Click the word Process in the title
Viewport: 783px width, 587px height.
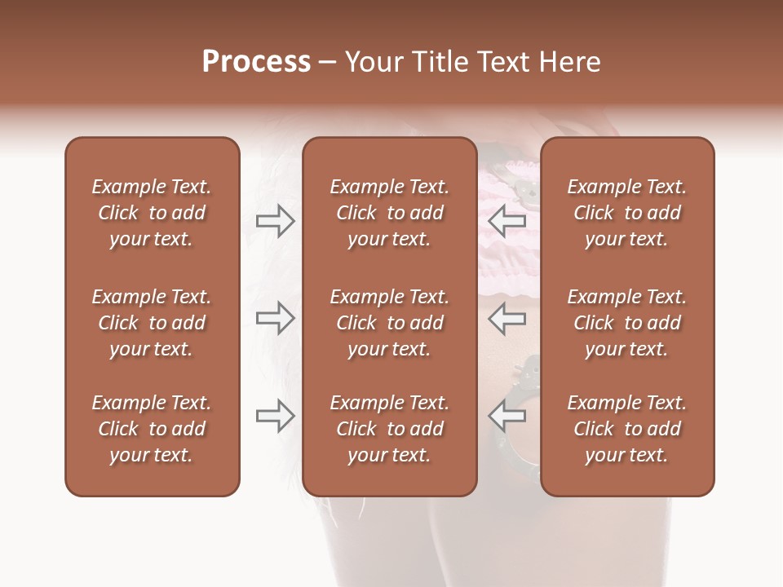[256, 62]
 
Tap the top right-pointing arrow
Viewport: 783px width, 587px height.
[275, 220]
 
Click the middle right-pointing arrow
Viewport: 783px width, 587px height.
[275, 317]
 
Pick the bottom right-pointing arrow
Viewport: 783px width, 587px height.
[275, 415]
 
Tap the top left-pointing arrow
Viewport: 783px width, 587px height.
[507, 220]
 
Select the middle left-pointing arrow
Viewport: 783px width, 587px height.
[507, 317]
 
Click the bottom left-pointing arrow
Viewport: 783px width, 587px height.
[507, 415]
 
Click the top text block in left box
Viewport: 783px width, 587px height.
[152, 213]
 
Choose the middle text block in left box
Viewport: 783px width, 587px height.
[152, 323]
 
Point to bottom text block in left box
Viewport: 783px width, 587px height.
[152, 429]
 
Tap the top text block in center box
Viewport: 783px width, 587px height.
[389, 213]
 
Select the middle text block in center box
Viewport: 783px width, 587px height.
[389, 323]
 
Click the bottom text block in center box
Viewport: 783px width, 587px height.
[389, 429]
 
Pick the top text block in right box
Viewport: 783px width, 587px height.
[627, 213]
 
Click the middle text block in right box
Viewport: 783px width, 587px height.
[627, 323]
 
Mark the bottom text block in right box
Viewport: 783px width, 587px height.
[627, 429]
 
